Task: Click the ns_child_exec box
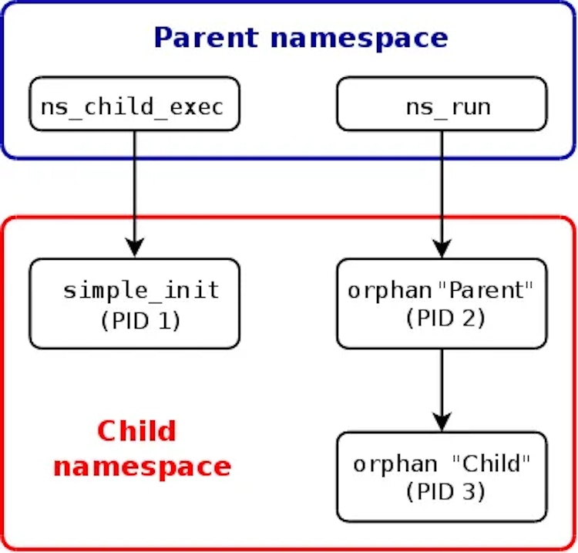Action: click(135, 103)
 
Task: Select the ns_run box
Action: click(442, 103)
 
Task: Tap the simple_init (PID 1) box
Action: click(135, 304)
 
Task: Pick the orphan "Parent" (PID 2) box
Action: click(442, 304)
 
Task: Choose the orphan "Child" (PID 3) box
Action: click(442, 477)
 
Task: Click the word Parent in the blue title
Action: click(206, 38)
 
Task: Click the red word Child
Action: click(137, 430)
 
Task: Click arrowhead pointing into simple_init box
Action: click(135, 247)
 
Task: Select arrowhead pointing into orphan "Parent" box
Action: click(442, 248)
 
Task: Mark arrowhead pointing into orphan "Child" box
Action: click(442, 421)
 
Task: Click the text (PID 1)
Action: click(140, 321)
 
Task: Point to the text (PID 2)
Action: click(445, 318)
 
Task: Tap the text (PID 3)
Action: click(445, 491)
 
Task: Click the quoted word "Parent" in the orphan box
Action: click(486, 290)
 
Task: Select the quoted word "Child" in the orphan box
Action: click(491, 464)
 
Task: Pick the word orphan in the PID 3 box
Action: click(395, 465)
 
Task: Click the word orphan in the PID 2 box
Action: click(390, 292)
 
